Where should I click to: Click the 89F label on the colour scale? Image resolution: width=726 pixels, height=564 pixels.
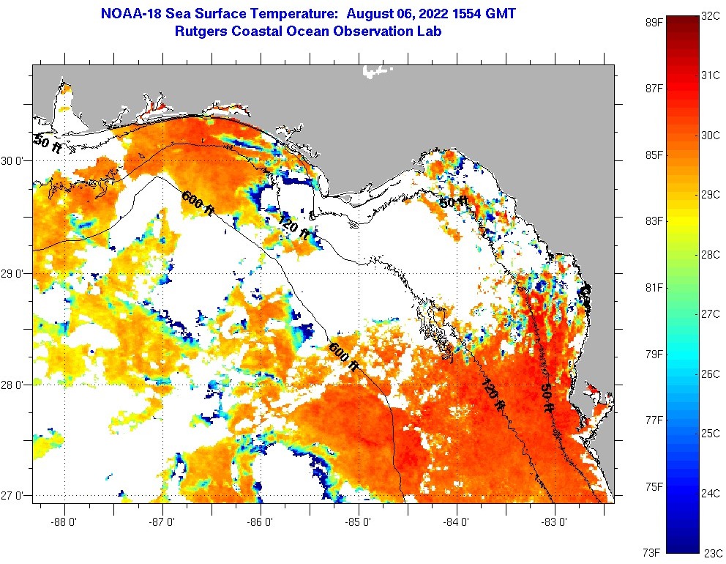click(654, 22)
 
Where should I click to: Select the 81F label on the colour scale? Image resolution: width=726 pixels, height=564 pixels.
click(654, 287)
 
